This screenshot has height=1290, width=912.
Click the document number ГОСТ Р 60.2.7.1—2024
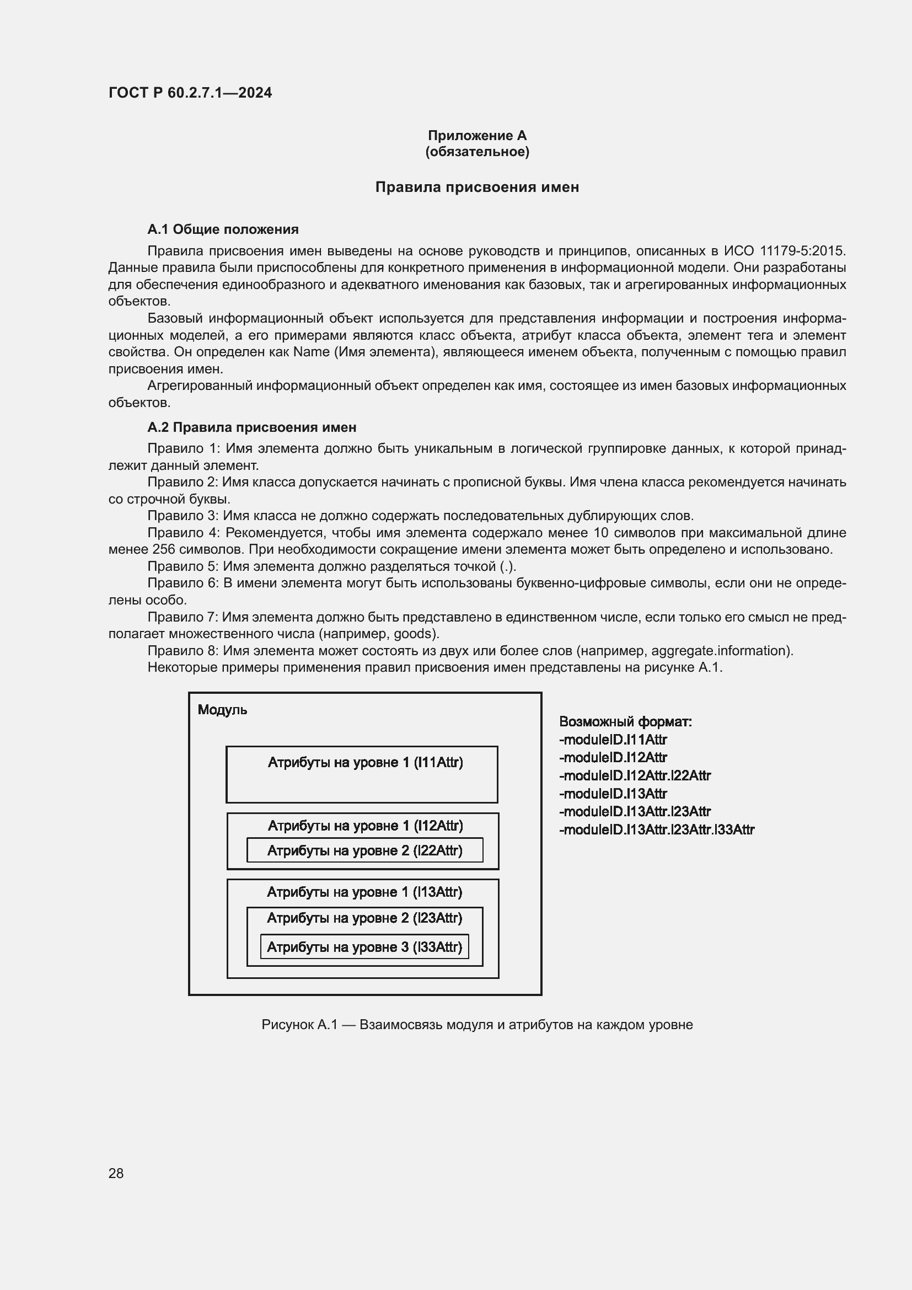(x=190, y=93)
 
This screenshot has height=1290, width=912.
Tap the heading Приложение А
(x=477, y=136)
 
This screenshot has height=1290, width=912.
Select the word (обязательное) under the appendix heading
(x=477, y=152)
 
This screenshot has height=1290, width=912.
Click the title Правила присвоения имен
(x=477, y=187)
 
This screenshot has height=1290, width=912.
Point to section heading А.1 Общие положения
(x=222, y=229)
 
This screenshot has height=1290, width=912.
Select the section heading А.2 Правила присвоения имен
(x=251, y=427)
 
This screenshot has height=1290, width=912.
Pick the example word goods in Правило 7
(x=415, y=634)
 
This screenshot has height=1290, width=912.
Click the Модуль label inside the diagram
(x=222, y=710)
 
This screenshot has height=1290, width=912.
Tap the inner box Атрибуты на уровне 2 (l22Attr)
(x=364, y=850)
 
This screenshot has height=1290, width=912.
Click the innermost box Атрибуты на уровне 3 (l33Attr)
(x=364, y=947)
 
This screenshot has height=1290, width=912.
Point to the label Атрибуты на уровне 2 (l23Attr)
(x=364, y=918)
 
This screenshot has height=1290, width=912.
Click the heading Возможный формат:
(x=625, y=721)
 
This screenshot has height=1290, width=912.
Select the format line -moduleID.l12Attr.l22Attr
(x=635, y=775)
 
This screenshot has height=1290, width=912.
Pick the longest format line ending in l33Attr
(x=657, y=829)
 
